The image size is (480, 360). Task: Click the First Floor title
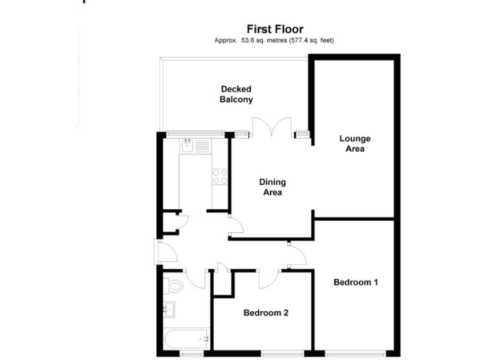(x=275, y=29)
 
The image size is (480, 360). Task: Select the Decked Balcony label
(x=236, y=94)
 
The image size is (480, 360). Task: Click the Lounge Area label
(x=354, y=144)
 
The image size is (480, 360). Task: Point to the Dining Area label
(x=272, y=187)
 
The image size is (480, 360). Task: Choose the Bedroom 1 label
(x=356, y=282)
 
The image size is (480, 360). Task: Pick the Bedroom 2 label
(x=266, y=312)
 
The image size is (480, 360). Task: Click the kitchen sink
(x=189, y=146)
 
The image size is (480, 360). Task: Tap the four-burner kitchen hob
(x=219, y=177)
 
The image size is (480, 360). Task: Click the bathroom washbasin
(x=169, y=309)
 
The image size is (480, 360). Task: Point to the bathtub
(x=186, y=339)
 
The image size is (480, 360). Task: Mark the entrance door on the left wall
(x=165, y=252)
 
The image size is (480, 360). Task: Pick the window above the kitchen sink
(x=195, y=132)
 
